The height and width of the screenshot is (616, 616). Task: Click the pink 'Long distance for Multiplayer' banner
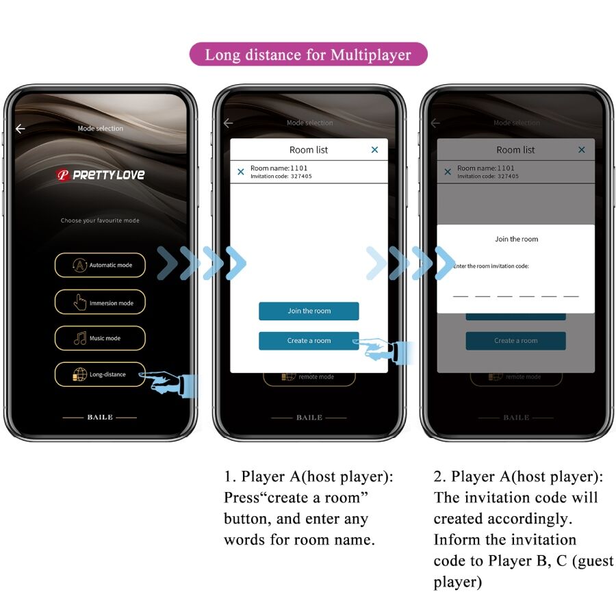pyautogui.click(x=308, y=55)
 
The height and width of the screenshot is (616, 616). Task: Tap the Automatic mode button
pyautogui.click(x=100, y=265)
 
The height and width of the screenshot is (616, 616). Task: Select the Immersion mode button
pyautogui.click(x=100, y=303)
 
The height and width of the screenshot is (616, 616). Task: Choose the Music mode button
pyautogui.click(x=100, y=338)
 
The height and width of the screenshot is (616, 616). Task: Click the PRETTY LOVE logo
pyautogui.click(x=100, y=175)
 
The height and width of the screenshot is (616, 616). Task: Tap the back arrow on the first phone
pyautogui.click(x=21, y=129)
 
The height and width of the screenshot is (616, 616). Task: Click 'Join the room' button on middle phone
pyautogui.click(x=309, y=311)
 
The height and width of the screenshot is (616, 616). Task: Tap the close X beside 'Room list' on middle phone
pyautogui.click(x=374, y=150)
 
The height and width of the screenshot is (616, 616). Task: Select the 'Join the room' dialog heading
pyautogui.click(x=516, y=239)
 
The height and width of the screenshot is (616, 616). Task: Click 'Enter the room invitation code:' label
pyautogui.click(x=491, y=266)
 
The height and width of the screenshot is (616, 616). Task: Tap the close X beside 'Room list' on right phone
pyautogui.click(x=582, y=150)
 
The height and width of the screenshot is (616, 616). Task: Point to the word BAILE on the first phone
pyautogui.click(x=100, y=417)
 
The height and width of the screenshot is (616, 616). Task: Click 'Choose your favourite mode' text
pyautogui.click(x=100, y=220)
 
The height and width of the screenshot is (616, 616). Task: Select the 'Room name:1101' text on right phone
pyautogui.click(x=486, y=168)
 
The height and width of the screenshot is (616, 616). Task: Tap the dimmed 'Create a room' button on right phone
pyautogui.click(x=516, y=341)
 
